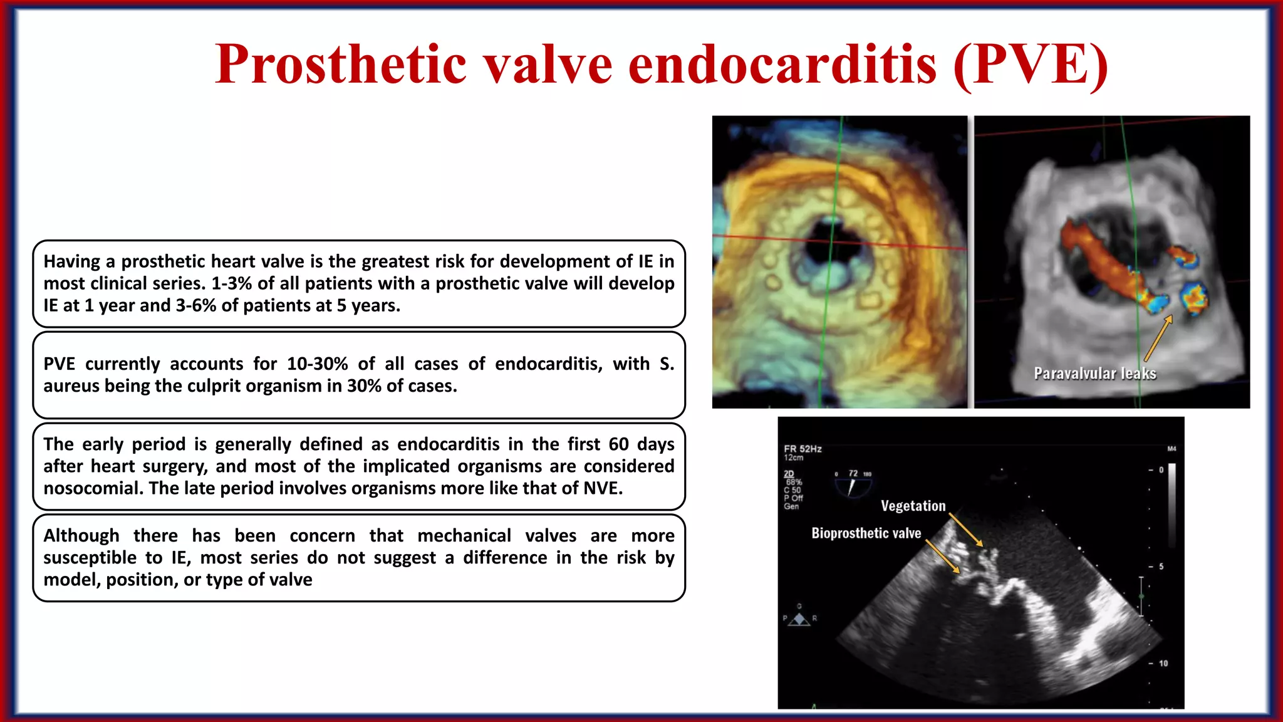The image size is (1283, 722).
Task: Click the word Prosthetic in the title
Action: [341, 65]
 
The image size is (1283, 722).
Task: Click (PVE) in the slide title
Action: [1031, 65]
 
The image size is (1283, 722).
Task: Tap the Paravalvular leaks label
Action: [1094, 374]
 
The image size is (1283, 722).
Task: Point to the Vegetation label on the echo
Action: [913, 506]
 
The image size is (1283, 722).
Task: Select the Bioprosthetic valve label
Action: [866, 533]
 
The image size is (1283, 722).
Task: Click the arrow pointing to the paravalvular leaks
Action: [1158, 338]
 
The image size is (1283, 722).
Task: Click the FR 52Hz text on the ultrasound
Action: [803, 449]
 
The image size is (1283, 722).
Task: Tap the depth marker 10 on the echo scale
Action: [1163, 663]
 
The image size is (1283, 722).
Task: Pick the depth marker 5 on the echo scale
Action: [1161, 567]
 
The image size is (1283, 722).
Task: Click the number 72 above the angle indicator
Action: [853, 473]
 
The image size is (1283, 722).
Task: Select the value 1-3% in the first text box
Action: [231, 284]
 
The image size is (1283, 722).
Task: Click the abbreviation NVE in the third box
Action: [601, 488]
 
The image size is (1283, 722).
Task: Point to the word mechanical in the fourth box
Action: [464, 536]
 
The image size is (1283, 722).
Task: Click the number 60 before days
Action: [618, 444]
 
